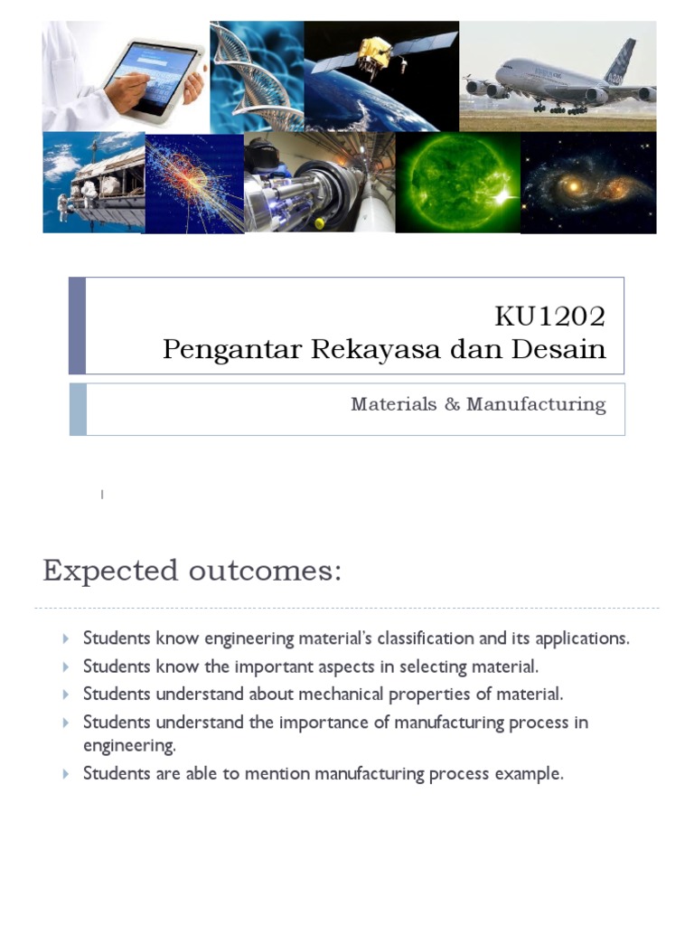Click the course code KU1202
point(549,317)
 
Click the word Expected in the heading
point(110,572)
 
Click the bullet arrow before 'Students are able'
point(67,774)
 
